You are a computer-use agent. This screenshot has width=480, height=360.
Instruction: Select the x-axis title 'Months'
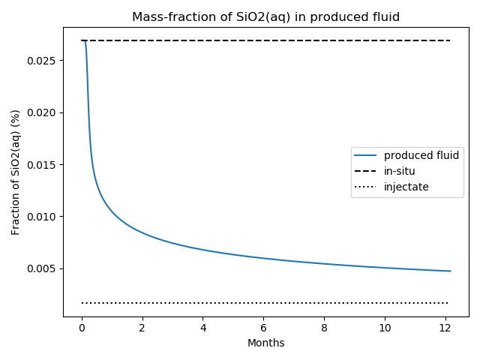pyautogui.click(x=266, y=343)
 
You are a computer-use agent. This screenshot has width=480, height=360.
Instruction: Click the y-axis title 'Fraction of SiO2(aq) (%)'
pyautogui.click(x=15, y=172)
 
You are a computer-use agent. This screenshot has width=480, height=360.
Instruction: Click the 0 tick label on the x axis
pyautogui.click(x=82, y=328)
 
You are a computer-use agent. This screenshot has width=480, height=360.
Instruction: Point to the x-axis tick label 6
pyautogui.click(x=263, y=328)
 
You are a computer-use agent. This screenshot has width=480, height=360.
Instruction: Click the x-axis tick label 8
pyautogui.click(x=324, y=328)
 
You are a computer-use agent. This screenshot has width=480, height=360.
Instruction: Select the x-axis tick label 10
pyautogui.click(x=385, y=328)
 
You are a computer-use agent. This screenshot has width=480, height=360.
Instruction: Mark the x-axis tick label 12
pyautogui.click(x=445, y=328)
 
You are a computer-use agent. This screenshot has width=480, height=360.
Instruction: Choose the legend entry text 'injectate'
pyautogui.click(x=406, y=187)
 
